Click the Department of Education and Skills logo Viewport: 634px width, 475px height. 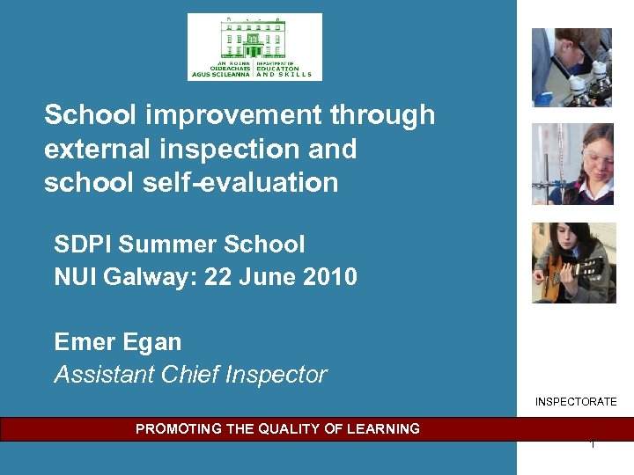[x=254, y=47]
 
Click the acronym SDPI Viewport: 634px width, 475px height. [x=84, y=244]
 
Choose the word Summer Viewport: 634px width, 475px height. [x=168, y=244]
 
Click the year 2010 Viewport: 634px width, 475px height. [x=329, y=277]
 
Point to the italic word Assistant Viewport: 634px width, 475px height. [x=104, y=375]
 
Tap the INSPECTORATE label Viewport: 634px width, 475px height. [x=576, y=402]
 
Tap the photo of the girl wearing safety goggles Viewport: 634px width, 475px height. [x=572, y=164]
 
